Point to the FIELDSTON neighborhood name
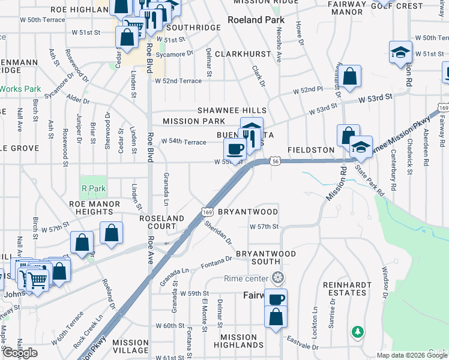tap(310, 149)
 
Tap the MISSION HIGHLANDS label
tap(238, 341)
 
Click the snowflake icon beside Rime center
tap(277, 278)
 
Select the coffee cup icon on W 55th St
tap(235, 148)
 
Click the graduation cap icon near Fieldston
tap(361, 147)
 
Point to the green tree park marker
tap(358, 331)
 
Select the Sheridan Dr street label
tap(217, 232)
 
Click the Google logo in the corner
tap(20, 353)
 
